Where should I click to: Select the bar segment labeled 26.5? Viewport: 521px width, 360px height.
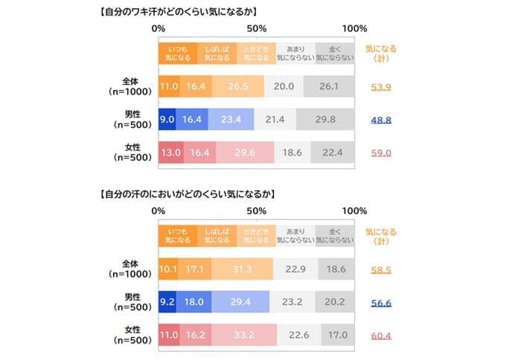click(x=239, y=86)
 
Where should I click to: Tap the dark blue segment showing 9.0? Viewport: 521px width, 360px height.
click(x=167, y=119)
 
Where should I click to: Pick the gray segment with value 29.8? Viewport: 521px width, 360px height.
click(x=325, y=119)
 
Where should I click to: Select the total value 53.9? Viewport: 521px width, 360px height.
click(x=382, y=87)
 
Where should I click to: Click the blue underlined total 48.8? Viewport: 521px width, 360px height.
click(x=382, y=119)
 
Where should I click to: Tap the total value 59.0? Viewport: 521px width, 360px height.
click(x=382, y=152)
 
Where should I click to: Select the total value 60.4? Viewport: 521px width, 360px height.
click(x=382, y=335)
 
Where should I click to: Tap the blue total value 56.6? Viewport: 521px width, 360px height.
click(x=382, y=303)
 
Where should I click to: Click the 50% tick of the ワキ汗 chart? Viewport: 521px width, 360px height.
click(x=256, y=28)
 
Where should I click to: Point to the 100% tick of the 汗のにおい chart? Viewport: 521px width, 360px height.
click(x=354, y=211)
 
